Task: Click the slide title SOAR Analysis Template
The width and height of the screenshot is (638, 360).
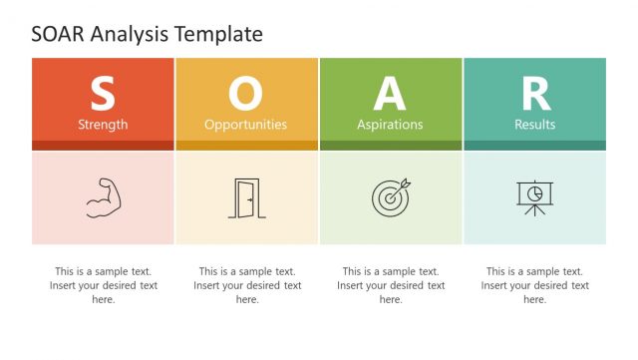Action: [147, 34]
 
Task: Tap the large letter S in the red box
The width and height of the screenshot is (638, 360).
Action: [103, 95]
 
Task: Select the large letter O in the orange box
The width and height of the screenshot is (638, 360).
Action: [245, 95]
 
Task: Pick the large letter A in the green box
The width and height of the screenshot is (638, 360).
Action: [390, 95]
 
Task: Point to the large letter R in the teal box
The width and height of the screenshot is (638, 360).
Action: [535, 95]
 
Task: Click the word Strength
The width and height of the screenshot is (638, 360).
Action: [103, 125]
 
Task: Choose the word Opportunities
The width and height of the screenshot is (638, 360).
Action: [245, 125]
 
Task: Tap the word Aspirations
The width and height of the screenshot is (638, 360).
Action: [390, 125]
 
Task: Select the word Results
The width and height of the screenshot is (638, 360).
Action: [535, 125]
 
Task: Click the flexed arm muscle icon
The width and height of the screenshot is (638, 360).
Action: [103, 197]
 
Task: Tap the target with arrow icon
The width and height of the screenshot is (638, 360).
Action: [390, 197]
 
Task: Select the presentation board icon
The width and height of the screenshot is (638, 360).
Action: [535, 197]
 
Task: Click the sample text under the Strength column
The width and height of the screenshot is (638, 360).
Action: [104, 285]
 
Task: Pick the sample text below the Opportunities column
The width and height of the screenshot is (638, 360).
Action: [247, 285]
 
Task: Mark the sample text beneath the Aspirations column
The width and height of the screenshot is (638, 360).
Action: [391, 285]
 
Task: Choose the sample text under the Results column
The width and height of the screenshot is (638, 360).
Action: [535, 285]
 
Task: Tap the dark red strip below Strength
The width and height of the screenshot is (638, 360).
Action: [103, 146]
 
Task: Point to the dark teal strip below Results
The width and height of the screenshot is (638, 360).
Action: [535, 146]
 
